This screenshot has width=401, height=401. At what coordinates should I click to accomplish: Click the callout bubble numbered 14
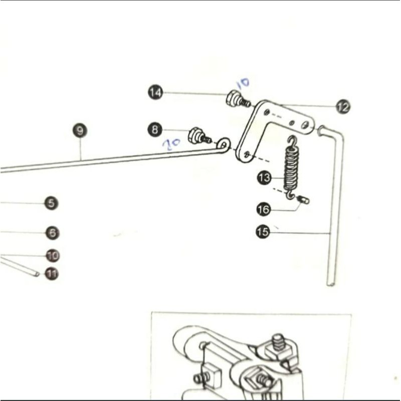click(x=155, y=93)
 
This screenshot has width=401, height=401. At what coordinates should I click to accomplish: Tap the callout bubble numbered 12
click(x=343, y=107)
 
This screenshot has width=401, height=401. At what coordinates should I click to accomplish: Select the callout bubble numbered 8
click(x=155, y=130)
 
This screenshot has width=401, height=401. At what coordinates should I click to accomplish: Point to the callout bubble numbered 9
click(x=80, y=131)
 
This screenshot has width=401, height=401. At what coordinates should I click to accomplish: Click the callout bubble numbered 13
click(x=264, y=177)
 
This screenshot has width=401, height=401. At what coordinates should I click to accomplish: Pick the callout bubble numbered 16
click(x=264, y=209)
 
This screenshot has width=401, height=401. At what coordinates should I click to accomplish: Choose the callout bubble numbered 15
click(x=263, y=232)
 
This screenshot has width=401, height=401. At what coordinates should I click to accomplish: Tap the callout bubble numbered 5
click(x=51, y=203)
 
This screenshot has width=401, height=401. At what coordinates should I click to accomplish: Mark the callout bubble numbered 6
click(x=52, y=233)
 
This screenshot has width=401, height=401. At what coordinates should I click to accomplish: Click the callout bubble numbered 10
click(x=53, y=256)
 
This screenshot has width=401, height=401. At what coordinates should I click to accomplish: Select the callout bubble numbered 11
click(x=52, y=274)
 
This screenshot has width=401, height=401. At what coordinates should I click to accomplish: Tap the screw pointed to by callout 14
click(x=237, y=99)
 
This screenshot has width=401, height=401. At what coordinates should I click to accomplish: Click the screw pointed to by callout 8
click(x=198, y=136)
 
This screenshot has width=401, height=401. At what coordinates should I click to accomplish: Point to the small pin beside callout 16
click(x=303, y=200)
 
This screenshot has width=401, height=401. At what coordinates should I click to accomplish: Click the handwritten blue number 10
click(x=243, y=83)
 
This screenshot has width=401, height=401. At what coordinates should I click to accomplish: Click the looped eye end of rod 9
click(x=224, y=144)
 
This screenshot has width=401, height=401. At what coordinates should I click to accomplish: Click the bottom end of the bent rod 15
click(x=330, y=283)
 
